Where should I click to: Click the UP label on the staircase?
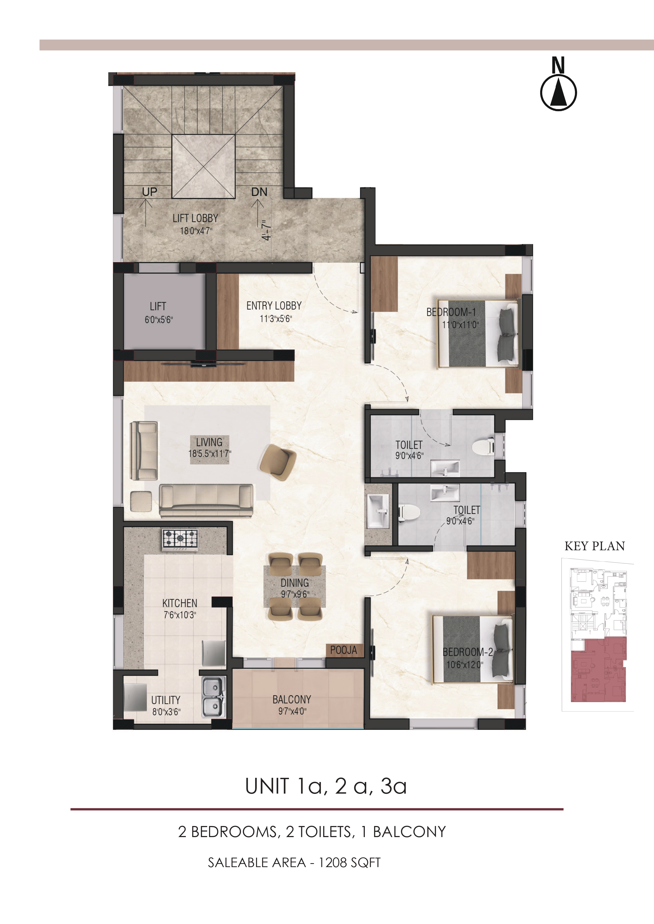[x=149, y=192]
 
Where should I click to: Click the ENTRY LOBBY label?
[x=274, y=306]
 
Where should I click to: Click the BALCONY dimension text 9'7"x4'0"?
[x=292, y=711]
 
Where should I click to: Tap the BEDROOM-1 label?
[x=451, y=312]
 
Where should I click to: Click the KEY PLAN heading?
[x=595, y=546]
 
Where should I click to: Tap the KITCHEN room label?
[x=180, y=603]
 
